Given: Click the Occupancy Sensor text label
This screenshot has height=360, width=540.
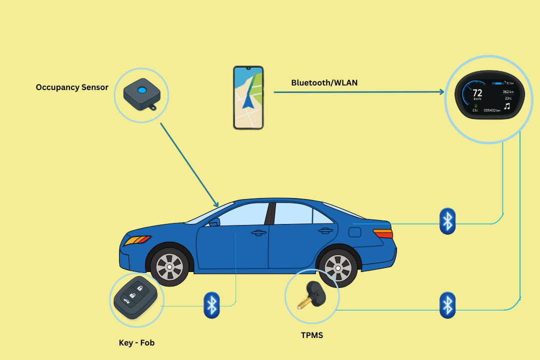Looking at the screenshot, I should pyautogui.click(x=72, y=87).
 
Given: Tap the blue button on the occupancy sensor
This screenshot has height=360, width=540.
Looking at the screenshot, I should pyautogui.click(x=142, y=90).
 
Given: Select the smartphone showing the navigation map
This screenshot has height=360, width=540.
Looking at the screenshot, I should pyautogui.click(x=248, y=97).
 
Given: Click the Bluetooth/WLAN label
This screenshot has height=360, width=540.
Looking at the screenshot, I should pyautogui.click(x=324, y=82).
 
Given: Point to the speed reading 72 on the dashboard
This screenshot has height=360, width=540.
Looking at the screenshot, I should pyautogui.click(x=477, y=93).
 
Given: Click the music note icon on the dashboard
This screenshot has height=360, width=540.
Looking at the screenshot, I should pyautogui.click(x=507, y=106).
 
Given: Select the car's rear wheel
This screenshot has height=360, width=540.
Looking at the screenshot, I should pyautogui.click(x=338, y=268).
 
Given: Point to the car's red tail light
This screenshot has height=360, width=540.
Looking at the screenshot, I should pyautogui.click(x=383, y=233).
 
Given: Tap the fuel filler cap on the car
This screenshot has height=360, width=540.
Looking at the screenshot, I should pyautogui.click(x=354, y=232).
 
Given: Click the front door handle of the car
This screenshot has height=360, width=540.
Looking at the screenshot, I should pyautogui.click(x=258, y=232).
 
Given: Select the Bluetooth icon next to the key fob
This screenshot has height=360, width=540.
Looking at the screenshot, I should pyautogui.click(x=211, y=304).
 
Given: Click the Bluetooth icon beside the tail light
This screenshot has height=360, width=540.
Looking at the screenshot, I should pyautogui.click(x=447, y=221).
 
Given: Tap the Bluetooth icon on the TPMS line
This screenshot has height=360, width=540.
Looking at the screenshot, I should pyautogui.click(x=447, y=305).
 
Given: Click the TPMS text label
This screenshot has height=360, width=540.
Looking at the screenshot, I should pyautogui.click(x=312, y=335).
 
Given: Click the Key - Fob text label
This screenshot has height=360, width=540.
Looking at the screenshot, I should pyautogui.click(x=137, y=342).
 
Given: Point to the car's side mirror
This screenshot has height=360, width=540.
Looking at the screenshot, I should pyautogui.click(x=213, y=222).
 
